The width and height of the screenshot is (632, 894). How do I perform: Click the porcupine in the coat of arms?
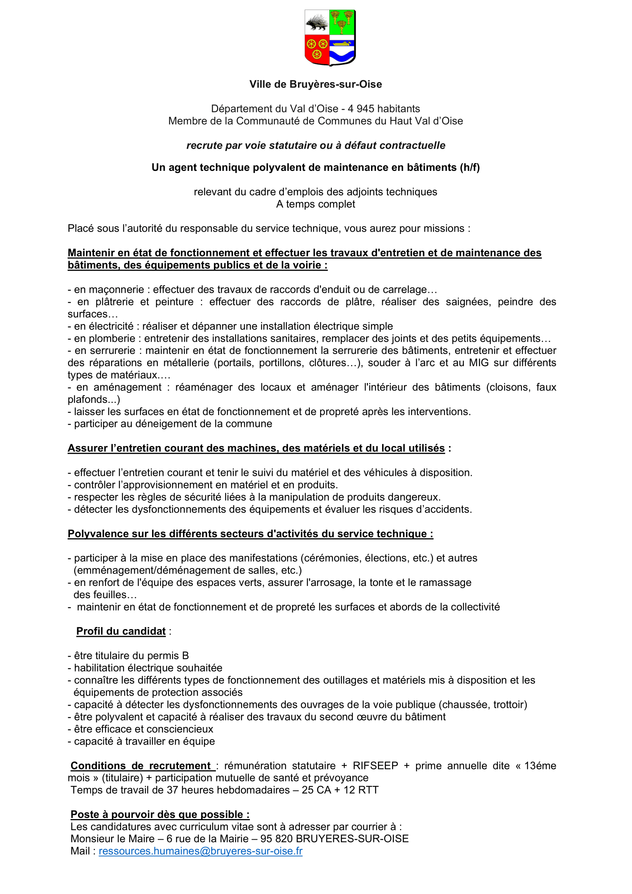pyautogui.click(x=317, y=23)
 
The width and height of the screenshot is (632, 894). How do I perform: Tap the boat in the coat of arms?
pyautogui.click(x=342, y=44)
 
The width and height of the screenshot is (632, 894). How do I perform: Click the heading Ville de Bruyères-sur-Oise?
pyautogui.click(x=316, y=84)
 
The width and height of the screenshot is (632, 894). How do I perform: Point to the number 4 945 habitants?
pyautogui.click(x=384, y=109)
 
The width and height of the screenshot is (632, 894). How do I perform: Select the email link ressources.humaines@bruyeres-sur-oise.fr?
pyautogui.click(x=201, y=851)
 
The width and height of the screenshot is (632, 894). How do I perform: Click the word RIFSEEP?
pyautogui.click(x=375, y=766)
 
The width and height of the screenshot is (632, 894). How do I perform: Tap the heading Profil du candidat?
pyautogui.click(x=121, y=631)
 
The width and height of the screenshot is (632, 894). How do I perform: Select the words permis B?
pyautogui.click(x=169, y=656)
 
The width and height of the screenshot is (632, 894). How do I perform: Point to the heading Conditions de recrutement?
pyautogui.click(x=141, y=766)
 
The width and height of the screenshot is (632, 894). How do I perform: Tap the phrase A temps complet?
pyautogui.click(x=316, y=204)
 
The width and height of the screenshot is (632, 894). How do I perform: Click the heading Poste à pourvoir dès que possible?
pyautogui.click(x=160, y=814)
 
